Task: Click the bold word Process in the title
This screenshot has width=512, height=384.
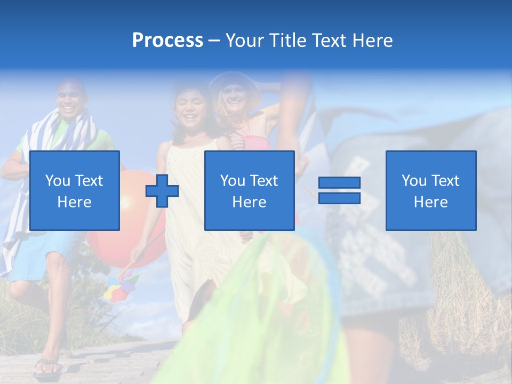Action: point(167,40)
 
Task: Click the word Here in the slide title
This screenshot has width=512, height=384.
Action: point(372,40)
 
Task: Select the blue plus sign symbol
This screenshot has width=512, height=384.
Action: point(162,191)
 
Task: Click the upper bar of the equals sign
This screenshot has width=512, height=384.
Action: point(339,182)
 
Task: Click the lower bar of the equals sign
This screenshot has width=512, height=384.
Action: point(339,198)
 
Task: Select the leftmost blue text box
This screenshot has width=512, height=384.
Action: point(75,190)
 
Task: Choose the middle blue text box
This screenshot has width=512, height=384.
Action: point(249,190)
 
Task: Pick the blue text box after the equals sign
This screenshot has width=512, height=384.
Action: point(430,190)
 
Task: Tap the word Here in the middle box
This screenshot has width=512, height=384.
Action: point(249,202)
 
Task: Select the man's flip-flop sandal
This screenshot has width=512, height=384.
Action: point(48,366)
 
